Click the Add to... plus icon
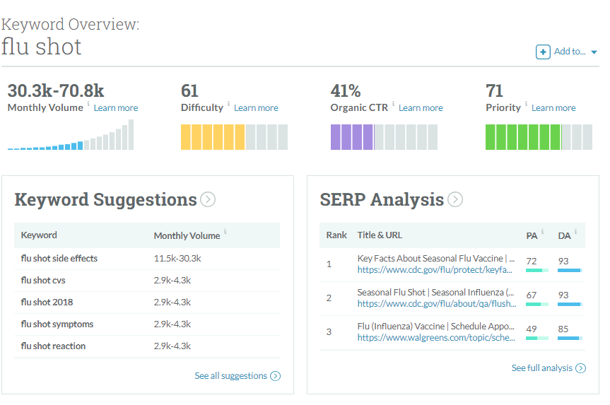click(x=543, y=52)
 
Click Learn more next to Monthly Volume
click(x=115, y=107)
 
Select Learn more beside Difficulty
click(x=256, y=107)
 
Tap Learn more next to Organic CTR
click(x=421, y=107)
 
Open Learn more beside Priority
click(x=553, y=107)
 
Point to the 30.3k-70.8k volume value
click(x=56, y=90)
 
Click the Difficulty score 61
click(x=189, y=90)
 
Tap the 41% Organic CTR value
click(x=346, y=90)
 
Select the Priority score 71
click(x=495, y=90)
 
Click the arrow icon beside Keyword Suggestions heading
click(x=208, y=199)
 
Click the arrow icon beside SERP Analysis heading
click(x=455, y=199)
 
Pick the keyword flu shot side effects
click(x=59, y=258)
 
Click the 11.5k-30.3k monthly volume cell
click(x=177, y=258)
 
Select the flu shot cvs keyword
click(x=43, y=280)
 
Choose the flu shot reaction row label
click(x=53, y=346)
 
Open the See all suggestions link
click(x=237, y=376)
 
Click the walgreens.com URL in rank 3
click(x=436, y=338)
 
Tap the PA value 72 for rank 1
click(x=532, y=261)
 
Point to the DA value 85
click(x=563, y=329)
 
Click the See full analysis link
click(x=549, y=368)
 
